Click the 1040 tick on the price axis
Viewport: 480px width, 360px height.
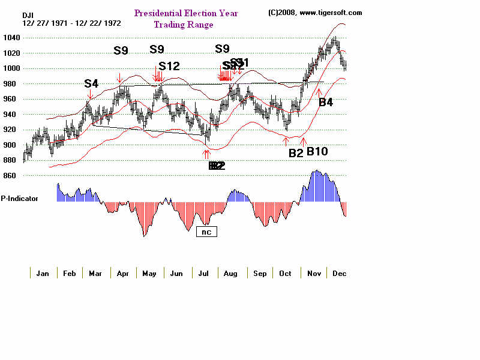11,38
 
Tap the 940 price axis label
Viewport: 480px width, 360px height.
9,114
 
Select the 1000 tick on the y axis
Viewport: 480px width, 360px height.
11,68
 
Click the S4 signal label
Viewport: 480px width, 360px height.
91,83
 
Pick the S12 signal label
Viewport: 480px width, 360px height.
169,66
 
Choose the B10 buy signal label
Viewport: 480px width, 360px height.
317,151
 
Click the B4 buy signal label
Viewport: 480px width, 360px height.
325,103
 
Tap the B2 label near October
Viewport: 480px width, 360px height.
296,153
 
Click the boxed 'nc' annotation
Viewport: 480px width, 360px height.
206,230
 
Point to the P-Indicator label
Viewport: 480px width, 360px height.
19,198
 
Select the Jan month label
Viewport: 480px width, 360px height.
43,274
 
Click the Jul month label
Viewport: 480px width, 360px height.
203,274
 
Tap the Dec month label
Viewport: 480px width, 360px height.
339,274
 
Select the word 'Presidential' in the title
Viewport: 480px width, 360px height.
160,13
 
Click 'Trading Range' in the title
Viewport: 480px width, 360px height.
184,25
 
